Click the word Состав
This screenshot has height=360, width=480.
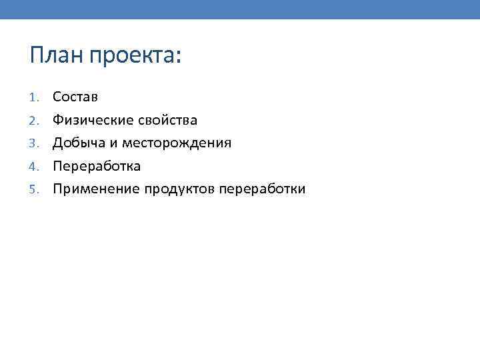75,97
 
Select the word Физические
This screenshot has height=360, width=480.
94,121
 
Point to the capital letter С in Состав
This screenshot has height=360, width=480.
57,97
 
